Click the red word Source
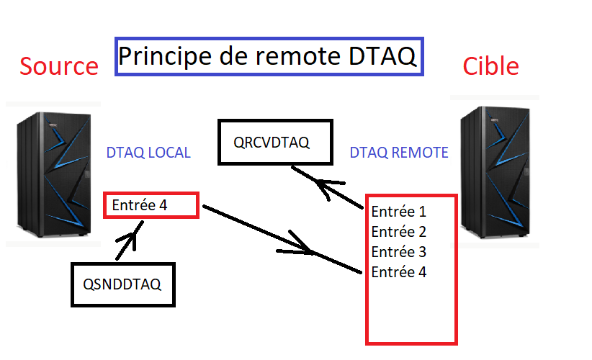pos(59,66)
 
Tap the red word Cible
pos(490,66)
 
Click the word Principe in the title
pos(166,57)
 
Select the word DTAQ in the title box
pos(382,56)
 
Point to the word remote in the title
pos(298,56)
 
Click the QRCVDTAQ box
pos(275,143)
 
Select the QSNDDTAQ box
pos(123,284)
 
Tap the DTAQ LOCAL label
pos(148,153)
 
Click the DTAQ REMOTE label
pos(399,153)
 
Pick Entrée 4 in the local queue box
pos(139,205)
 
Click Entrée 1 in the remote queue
pos(399,212)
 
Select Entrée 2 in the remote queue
pos(399,232)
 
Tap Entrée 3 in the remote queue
pos(399,252)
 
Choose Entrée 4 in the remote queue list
pos(399,272)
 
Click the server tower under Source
pos(53,174)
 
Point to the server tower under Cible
pos(495,172)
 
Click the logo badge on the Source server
pos(53,125)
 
